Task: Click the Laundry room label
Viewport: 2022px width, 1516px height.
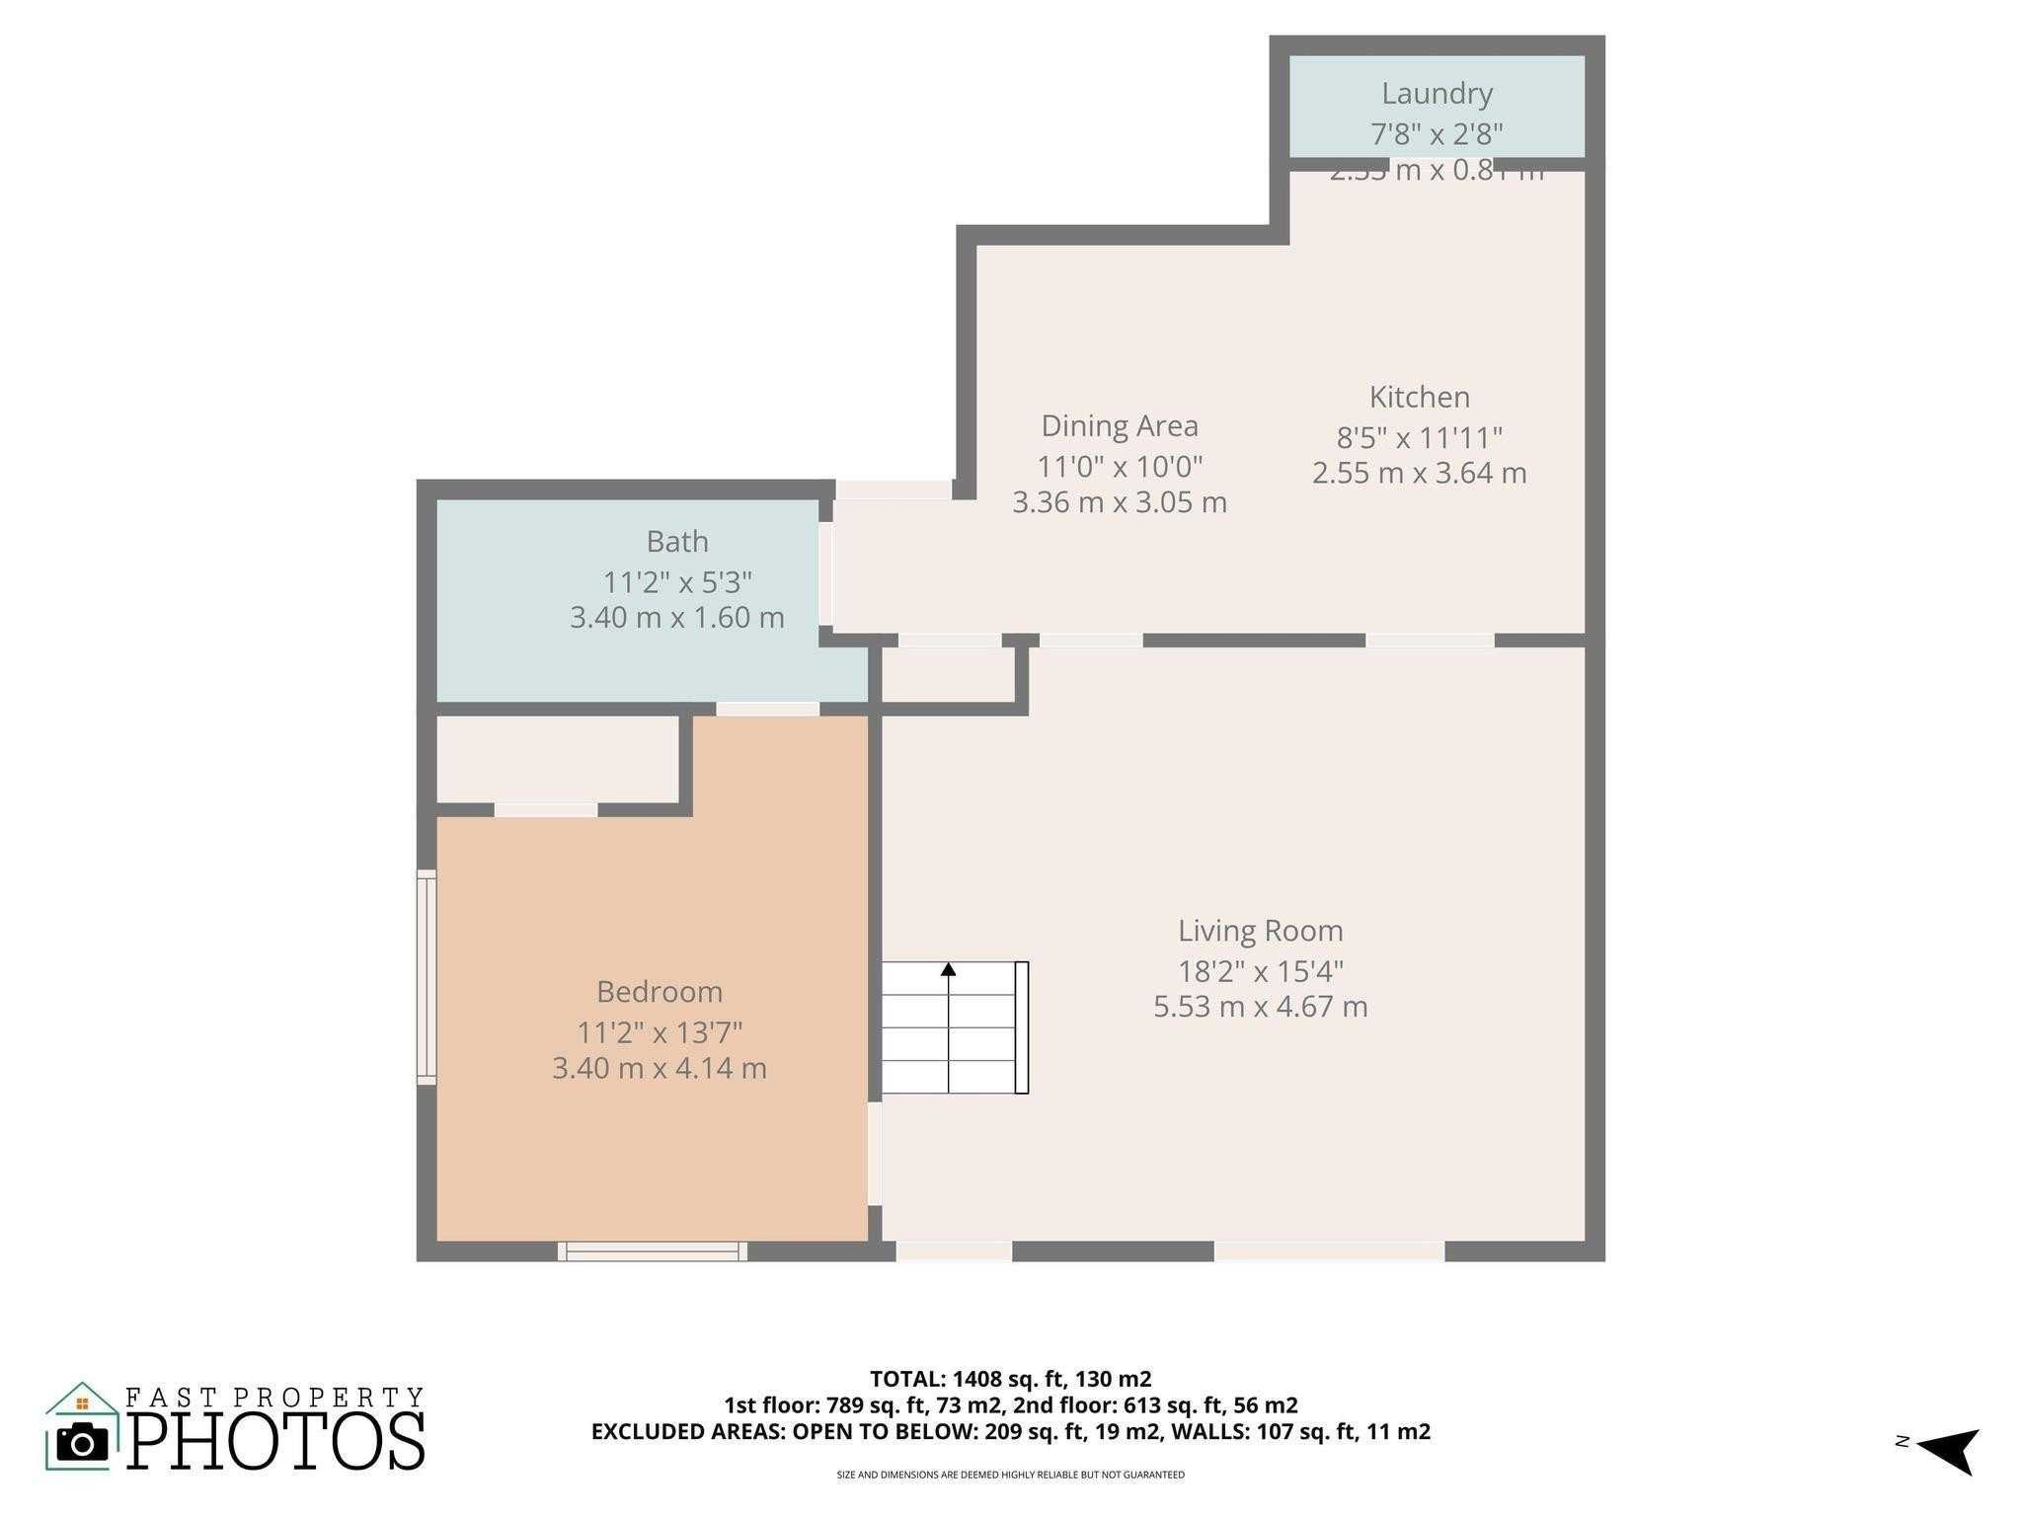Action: coord(1436,94)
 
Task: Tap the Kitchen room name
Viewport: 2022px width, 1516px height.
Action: coord(1419,397)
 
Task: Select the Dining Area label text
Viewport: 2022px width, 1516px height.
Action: coord(1120,426)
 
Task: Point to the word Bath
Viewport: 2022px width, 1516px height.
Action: coord(677,542)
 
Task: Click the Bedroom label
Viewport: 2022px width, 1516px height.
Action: coord(659,991)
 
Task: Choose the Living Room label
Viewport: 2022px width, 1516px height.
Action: coord(1260,931)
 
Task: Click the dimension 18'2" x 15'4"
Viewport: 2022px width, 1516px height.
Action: coord(1260,971)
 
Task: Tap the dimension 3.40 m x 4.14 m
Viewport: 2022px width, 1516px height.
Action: coord(659,1068)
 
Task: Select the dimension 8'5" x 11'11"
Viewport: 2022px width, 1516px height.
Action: coord(1419,436)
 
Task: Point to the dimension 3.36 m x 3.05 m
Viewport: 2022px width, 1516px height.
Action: coord(1120,502)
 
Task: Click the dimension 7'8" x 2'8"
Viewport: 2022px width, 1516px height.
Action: coord(1436,133)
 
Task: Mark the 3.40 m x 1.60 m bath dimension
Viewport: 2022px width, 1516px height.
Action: coord(677,618)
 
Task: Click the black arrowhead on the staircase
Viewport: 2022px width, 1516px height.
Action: coord(948,969)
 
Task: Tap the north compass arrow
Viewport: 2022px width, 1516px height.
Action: coord(1949,1450)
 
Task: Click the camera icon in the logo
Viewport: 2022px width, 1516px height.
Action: coord(82,1443)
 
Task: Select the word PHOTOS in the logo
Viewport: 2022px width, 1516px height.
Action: coord(276,1442)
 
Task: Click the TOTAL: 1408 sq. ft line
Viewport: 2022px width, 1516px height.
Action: coord(1010,1379)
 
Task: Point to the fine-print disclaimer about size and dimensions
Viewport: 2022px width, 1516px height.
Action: coord(1010,1475)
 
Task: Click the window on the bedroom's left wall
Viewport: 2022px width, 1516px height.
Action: coord(427,977)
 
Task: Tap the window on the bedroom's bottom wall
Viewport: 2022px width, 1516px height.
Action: coord(652,1251)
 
